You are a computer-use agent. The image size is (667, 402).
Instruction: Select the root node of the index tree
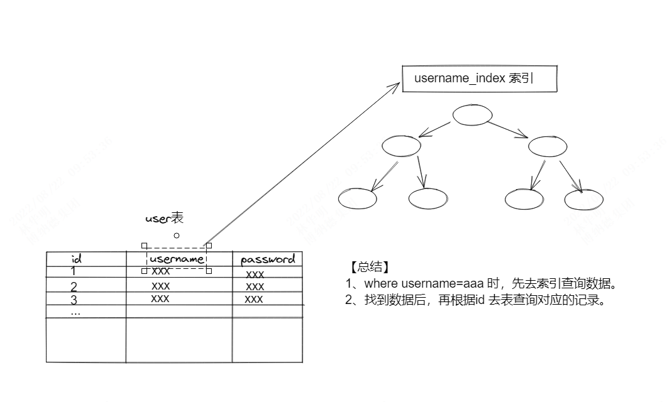tap(471, 115)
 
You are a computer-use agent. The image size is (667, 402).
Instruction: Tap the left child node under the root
tap(401, 146)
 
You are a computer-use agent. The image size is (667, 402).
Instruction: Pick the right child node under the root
tap(548, 146)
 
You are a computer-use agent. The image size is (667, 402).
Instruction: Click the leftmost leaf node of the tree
tap(357, 198)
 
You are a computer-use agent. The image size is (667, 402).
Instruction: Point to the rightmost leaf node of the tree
tap(583, 199)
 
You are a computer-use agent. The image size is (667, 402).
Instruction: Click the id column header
tap(77, 258)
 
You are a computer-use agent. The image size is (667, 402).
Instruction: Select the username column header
tap(177, 259)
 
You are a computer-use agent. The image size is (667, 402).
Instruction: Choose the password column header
tap(267, 259)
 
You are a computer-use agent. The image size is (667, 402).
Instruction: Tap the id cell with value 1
tap(74, 271)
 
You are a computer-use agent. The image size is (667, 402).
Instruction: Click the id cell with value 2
tap(74, 286)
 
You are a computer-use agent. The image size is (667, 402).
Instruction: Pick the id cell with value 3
tap(74, 299)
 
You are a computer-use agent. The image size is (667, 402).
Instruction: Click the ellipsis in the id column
tap(75, 312)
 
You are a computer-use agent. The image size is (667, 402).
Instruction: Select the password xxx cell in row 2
tap(255, 286)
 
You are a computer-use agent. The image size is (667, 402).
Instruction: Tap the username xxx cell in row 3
tap(160, 299)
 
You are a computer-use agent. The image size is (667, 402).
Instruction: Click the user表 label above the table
tap(164, 219)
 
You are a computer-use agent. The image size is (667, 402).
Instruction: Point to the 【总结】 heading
tap(367, 266)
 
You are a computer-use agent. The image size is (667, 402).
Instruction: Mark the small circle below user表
tap(177, 236)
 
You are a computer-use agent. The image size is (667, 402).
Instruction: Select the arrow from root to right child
tap(508, 129)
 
